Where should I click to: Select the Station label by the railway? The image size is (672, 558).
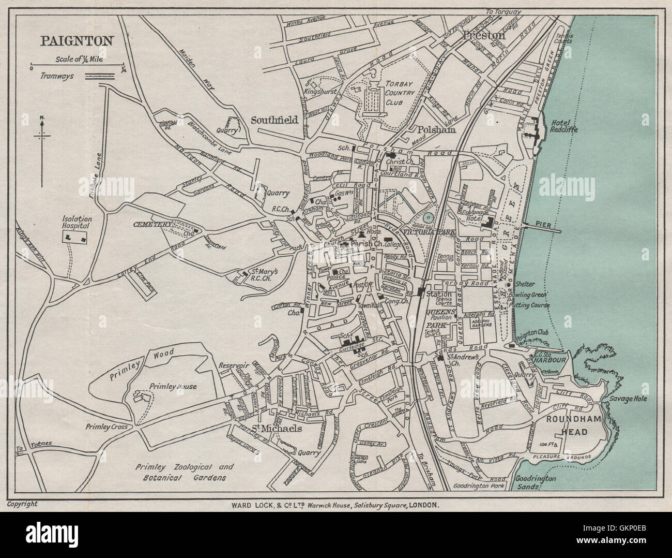tap(438, 294)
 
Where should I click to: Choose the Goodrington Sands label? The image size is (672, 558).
tap(536, 482)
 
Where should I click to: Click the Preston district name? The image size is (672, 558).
tap(484, 35)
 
